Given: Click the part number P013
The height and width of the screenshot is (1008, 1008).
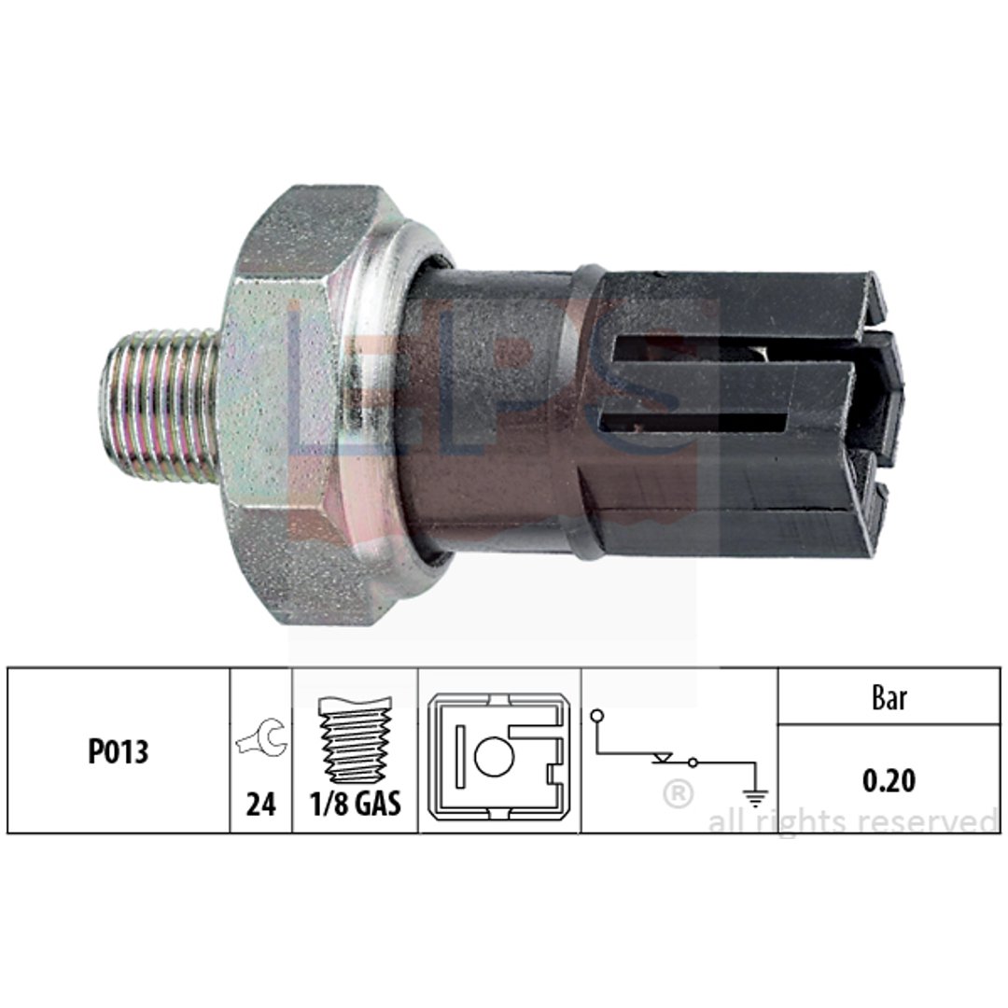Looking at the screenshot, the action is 118,750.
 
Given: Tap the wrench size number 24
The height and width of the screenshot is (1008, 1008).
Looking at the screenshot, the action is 261,805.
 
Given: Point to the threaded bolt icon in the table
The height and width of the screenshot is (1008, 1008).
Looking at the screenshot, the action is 356,738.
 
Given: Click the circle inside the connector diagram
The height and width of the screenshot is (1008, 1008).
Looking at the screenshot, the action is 494,756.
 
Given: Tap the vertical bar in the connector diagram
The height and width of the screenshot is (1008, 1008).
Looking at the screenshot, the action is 459,756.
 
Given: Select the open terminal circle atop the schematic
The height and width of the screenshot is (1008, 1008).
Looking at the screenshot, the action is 597,715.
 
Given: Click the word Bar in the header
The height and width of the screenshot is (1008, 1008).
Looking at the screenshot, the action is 889,697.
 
